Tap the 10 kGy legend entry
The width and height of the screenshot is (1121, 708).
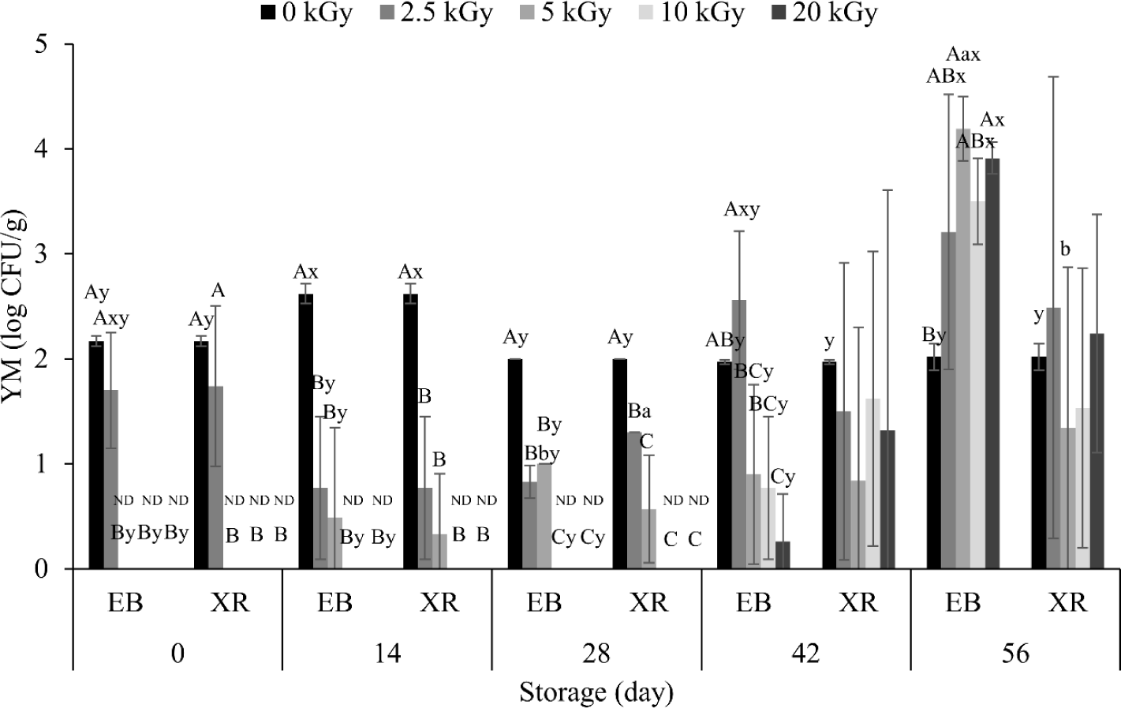pos(699,13)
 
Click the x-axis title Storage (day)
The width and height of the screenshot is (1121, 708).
pos(596,693)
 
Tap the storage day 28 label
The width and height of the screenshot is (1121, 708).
pos(596,654)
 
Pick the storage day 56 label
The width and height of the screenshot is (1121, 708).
pos(1016,654)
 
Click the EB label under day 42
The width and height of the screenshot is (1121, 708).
pos(753,603)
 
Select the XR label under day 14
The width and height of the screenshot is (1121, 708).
pos(439,603)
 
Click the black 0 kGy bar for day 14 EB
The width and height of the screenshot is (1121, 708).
pos(306,431)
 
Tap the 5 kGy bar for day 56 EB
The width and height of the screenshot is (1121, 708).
pos(962,348)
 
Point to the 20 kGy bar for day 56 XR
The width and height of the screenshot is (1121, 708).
pos(1097,451)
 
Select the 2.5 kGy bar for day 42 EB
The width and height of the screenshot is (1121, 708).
pos(739,434)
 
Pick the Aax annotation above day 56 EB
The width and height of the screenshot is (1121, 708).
pos(963,55)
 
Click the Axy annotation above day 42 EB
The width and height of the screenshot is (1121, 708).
pos(742,210)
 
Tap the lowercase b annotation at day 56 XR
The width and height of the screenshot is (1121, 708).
pos(1065,250)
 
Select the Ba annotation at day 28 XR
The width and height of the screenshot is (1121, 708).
pos(640,412)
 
